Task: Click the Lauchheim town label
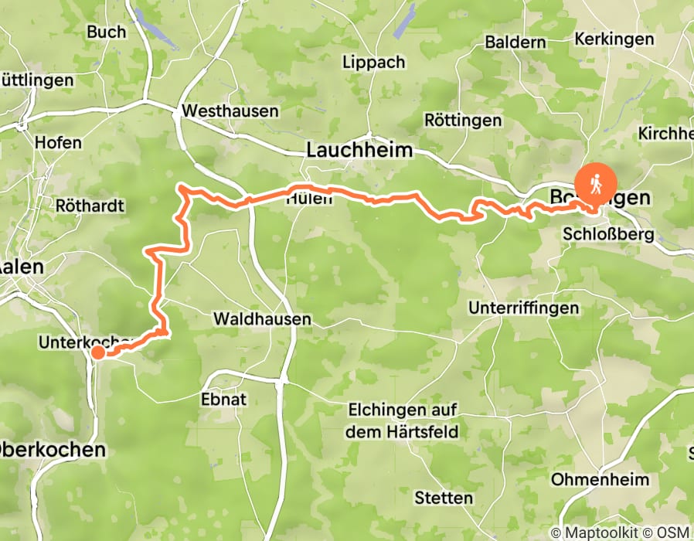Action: coord(359,150)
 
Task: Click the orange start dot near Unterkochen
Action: coord(98,353)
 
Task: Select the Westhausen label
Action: coord(230,111)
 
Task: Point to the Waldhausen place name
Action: coord(262,318)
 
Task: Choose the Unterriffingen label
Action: coord(523,308)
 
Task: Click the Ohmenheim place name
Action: coord(600,480)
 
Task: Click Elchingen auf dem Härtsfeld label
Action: coord(403,420)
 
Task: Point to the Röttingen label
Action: coord(463,121)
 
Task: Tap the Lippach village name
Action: coord(373,62)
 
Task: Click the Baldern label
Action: coord(515,42)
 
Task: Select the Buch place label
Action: coord(107,32)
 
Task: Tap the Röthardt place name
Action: coord(90,206)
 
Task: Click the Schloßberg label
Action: coord(609,234)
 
